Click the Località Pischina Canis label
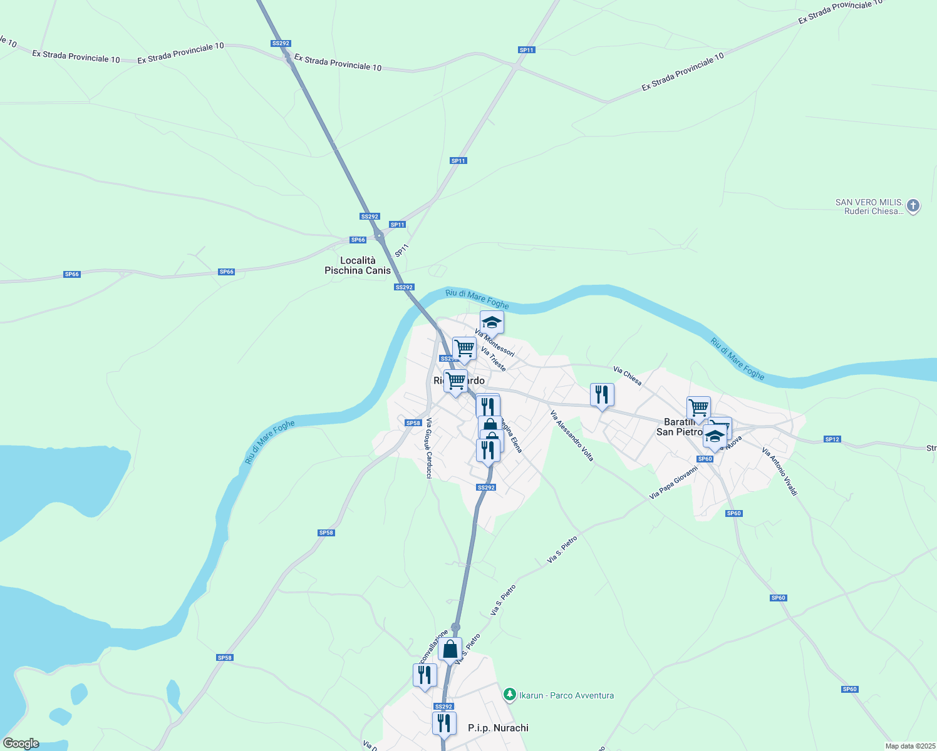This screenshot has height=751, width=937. point(357,265)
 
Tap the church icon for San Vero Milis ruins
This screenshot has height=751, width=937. point(913,205)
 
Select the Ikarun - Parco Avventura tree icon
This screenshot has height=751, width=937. point(510,694)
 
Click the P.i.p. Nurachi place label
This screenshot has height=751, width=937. point(498,728)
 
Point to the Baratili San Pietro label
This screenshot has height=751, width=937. point(679,427)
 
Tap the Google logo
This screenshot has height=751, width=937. point(21,743)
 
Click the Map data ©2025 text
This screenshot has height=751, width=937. point(909,746)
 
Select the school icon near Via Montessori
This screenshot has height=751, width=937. point(492,322)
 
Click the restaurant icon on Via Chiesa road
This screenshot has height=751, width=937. point(602,394)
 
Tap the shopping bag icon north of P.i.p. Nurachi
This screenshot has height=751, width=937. point(450,650)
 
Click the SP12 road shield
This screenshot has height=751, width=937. point(832,439)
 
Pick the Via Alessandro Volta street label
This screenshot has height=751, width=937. point(571,436)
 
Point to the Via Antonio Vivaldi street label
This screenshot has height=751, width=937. point(779,472)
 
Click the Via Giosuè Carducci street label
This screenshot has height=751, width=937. point(428,448)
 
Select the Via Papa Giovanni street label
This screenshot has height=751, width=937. point(673,483)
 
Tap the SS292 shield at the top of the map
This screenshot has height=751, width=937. point(281,43)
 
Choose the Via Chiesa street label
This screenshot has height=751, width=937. point(627,376)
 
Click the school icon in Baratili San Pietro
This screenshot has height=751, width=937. point(714,436)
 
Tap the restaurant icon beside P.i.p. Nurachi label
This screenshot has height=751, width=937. point(443,723)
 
